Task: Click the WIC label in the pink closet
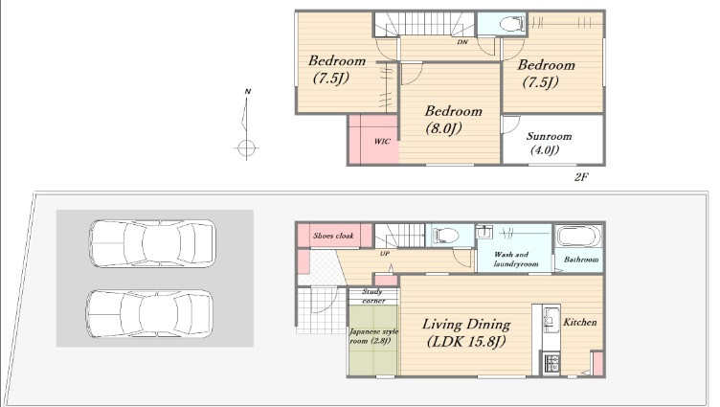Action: pyautogui.click(x=382, y=141)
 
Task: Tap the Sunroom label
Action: pyautogui.click(x=549, y=136)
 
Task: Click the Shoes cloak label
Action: pyautogui.click(x=333, y=236)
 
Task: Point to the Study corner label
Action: pyautogui.click(x=372, y=296)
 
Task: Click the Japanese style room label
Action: pyautogui.click(x=373, y=336)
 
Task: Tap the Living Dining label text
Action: pyautogui.click(x=466, y=325)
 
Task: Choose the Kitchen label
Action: pyautogui.click(x=580, y=322)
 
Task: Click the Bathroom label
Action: pyautogui.click(x=581, y=260)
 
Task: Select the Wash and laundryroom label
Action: pyautogui.click(x=515, y=260)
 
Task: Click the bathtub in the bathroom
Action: pyautogui.click(x=579, y=237)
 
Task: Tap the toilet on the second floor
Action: pyautogui.click(x=511, y=23)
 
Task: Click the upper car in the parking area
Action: pyautogui.click(x=152, y=243)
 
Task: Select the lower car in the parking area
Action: pyautogui.click(x=149, y=314)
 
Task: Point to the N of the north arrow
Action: pyautogui.click(x=247, y=91)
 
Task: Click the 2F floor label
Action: pyautogui.click(x=581, y=177)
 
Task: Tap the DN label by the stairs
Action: pyautogui.click(x=462, y=42)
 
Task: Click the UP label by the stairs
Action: pyautogui.click(x=384, y=253)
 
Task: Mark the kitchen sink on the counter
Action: pyautogui.click(x=551, y=316)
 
